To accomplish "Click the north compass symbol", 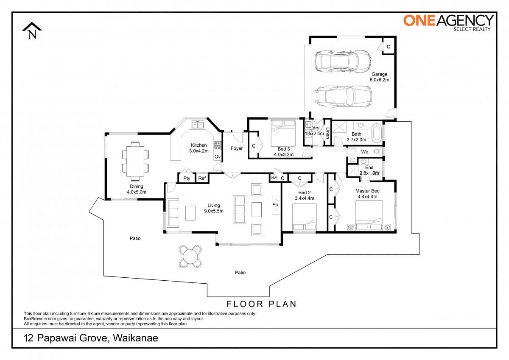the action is [x=32, y=31].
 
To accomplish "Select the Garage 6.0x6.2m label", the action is [x=379, y=77].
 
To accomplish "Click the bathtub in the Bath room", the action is [x=377, y=133].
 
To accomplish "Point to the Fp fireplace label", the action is [x=275, y=205].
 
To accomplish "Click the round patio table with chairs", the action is [x=190, y=257].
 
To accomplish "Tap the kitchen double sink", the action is [x=198, y=125].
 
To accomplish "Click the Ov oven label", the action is [x=218, y=156].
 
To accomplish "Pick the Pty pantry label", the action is [x=187, y=178].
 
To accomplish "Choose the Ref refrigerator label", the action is [x=202, y=178].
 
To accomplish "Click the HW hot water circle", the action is [x=274, y=178].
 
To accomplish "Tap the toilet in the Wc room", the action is [x=377, y=151].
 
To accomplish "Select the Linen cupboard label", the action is [x=327, y=133].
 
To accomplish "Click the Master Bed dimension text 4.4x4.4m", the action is [x=367, y=196].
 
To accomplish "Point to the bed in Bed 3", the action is [x=283, y=133].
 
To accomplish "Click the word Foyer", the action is [x=237, y=148].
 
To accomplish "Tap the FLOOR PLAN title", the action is [x=262, y=304].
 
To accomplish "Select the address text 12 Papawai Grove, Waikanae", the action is [x=91, y=338].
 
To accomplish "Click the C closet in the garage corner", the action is [x=389, y=47].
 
